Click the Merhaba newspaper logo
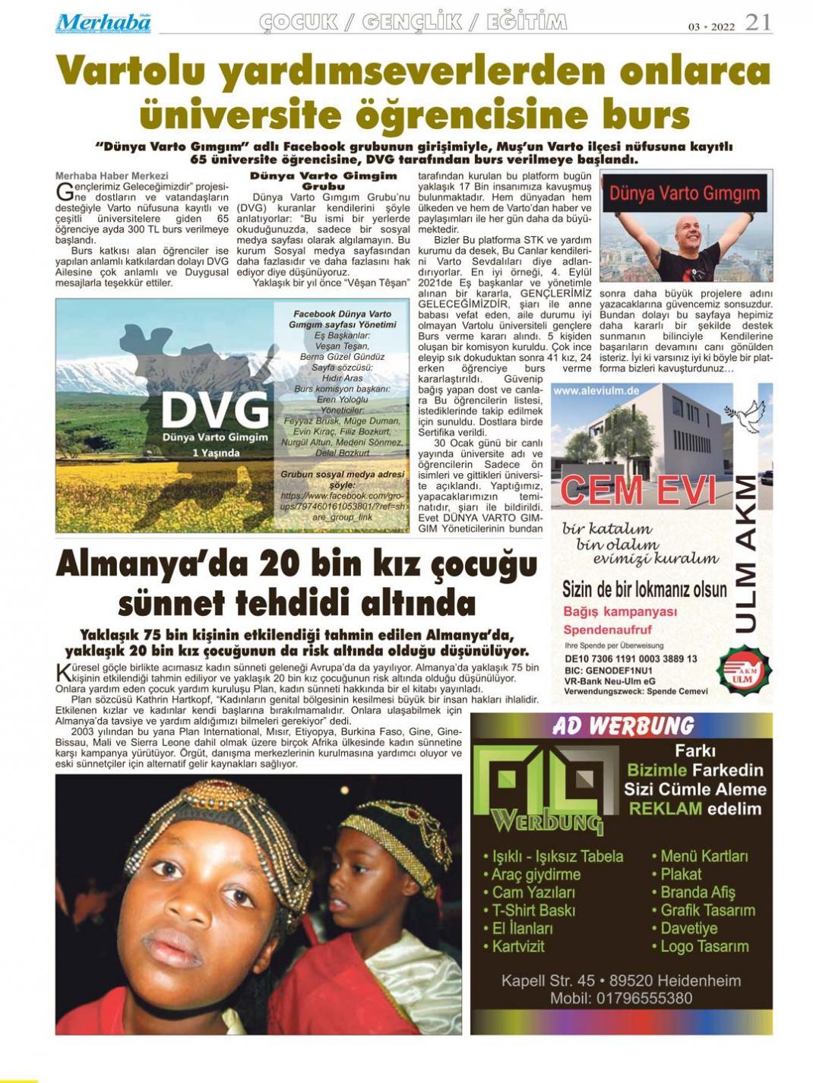point(103,23)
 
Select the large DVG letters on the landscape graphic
point(215,410)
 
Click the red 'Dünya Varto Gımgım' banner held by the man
point(685,193)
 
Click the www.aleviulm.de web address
point(596,390)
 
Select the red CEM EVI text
point(638,491)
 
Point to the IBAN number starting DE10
point(631,659)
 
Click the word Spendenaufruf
point(607,630)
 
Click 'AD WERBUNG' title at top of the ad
point(622,726)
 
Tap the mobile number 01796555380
point(621,999)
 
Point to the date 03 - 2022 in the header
point(711,27)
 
